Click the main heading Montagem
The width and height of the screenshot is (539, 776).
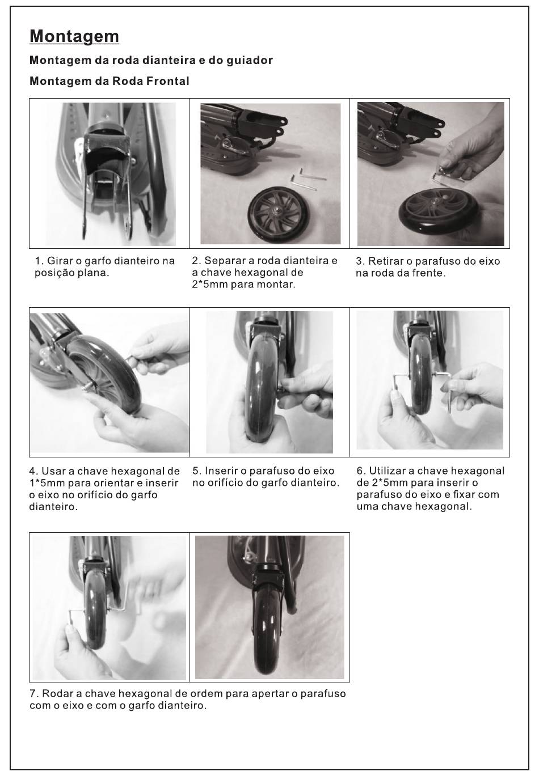pyautogui.click(x=74, y=36)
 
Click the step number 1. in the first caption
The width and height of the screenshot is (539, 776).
pyautogui.click(x=39, y=261)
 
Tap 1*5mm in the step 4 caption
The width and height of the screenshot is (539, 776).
pyautogui.click(x=47, y=483)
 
